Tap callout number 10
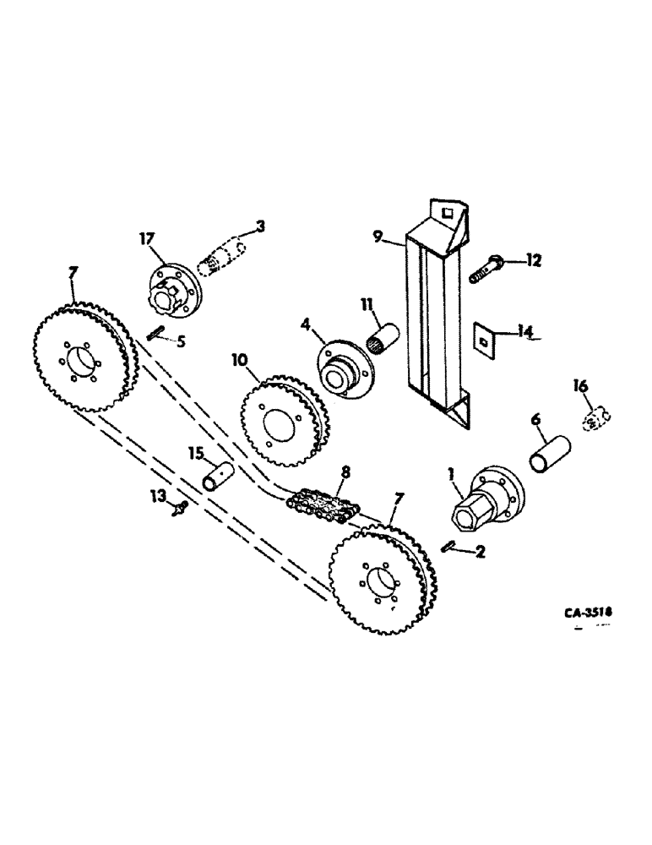[239, 361]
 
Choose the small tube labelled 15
[216, 475]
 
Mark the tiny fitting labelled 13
[180, 509]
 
